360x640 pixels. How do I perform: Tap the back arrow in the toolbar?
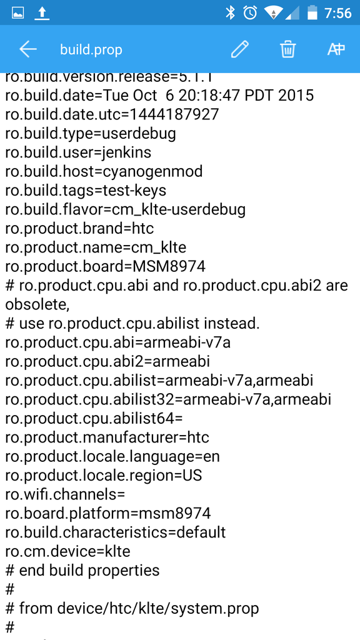[27, 49]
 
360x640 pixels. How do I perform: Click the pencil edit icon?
[239, 49]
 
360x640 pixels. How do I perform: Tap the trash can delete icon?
[287, 49]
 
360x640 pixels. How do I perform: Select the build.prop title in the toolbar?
[91, 50]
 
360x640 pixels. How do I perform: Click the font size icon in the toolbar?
[336, 49]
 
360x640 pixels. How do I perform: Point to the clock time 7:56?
[338, 13]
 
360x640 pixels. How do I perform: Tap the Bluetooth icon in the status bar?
[231, 12]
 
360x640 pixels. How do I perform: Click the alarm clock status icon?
[250, 12]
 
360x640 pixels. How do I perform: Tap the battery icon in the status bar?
[312, 12]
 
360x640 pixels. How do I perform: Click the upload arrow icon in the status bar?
[41, 14]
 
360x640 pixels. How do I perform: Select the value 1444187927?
[174, 114]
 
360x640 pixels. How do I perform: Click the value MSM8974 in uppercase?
[169, 266]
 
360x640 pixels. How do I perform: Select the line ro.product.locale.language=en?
[112, 457]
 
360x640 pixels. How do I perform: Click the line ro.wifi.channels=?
[65, 495]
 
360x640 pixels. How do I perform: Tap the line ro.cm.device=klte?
[67, 551]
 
